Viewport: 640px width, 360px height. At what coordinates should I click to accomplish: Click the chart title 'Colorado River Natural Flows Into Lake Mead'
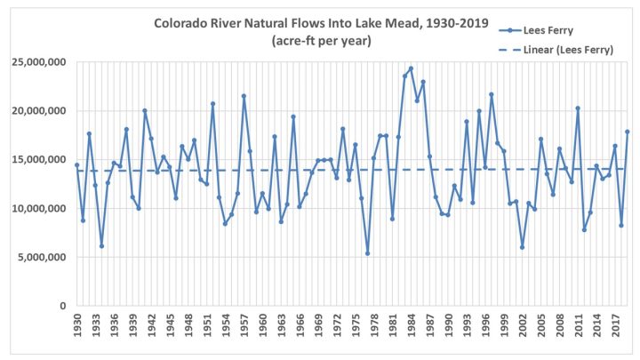pos(286,23)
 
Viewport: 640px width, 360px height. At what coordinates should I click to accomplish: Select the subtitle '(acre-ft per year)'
pos(321,41)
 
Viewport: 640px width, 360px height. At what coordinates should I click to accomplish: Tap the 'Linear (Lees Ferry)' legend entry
pos(556,50)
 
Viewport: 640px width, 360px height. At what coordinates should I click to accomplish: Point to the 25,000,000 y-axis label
pos(39,62)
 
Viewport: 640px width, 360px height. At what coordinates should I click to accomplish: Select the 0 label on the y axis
pos(63,306)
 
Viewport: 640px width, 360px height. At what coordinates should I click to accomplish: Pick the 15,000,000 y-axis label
pos(39,160)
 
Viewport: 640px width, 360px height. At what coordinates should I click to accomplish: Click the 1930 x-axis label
pos(77,325)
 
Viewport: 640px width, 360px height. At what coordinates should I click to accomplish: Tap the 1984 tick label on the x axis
pos(411,325)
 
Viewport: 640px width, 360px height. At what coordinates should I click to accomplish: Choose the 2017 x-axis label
pos(615,325)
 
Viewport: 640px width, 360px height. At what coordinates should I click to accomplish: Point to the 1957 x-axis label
pos(244,325)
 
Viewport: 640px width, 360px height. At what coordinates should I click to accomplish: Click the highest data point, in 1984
pos(411,68)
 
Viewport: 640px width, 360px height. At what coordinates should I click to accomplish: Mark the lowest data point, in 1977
pos(367,253)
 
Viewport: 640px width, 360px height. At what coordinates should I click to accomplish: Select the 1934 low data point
pos(101,246)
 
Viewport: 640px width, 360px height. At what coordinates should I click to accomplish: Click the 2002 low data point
pos(522,247)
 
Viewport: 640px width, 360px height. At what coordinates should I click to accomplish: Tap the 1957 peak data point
pos(244,96)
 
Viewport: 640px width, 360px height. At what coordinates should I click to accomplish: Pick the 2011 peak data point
pos(578,108)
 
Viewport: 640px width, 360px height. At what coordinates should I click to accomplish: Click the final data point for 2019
pos(628,132)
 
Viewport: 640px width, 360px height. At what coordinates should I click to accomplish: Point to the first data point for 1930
pos(76,165)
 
